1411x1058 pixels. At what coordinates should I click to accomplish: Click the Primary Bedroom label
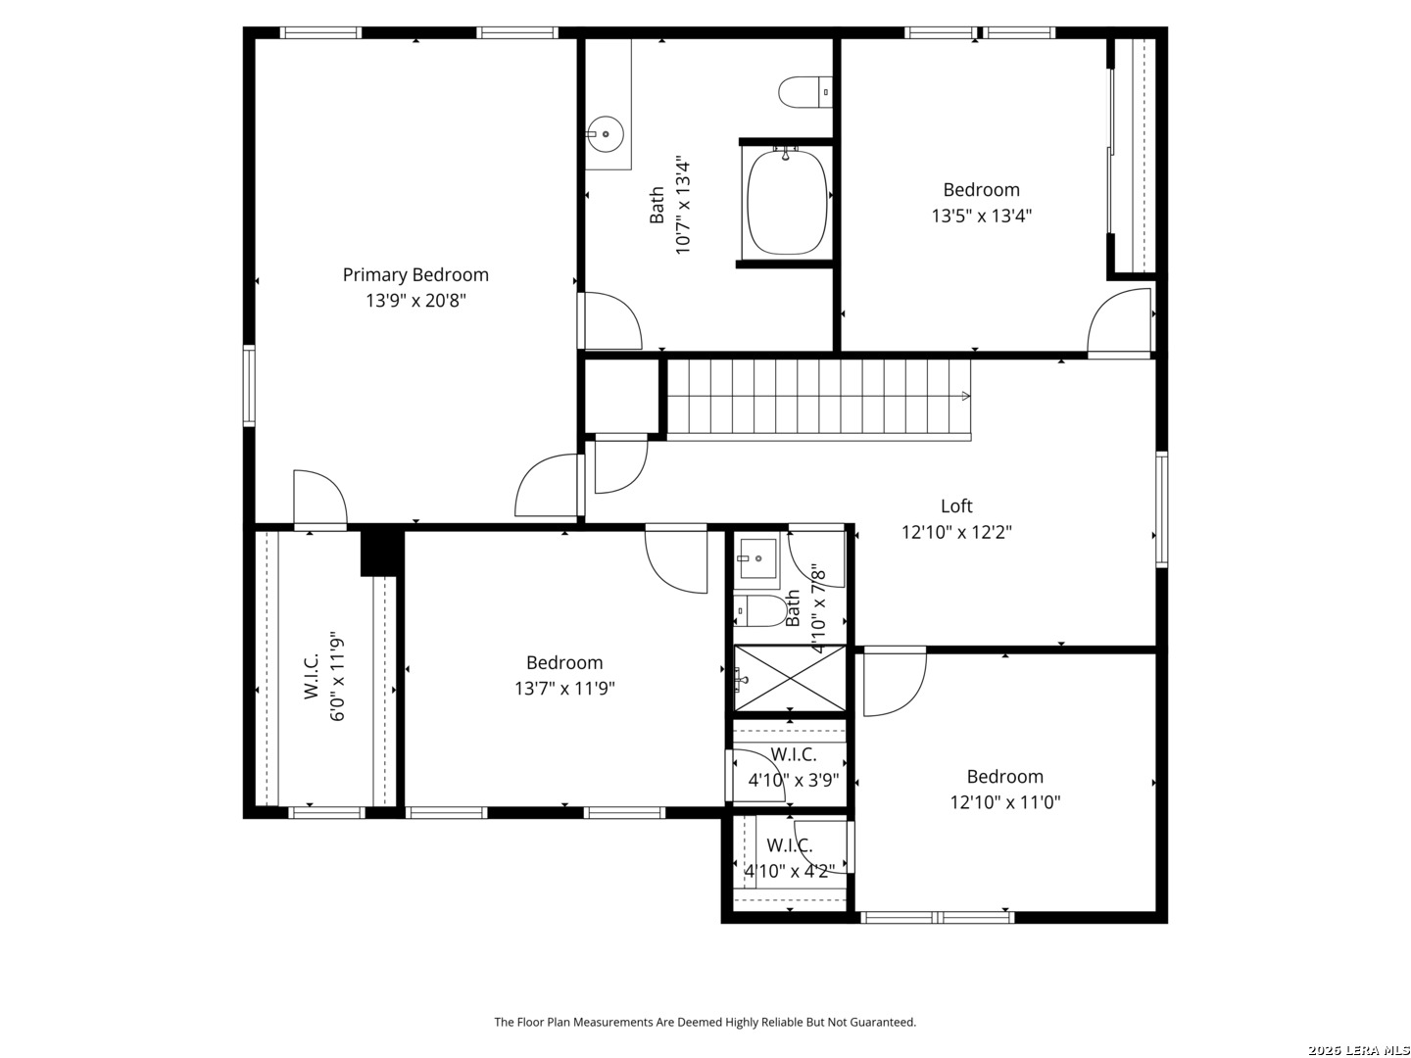(x=415, y=275)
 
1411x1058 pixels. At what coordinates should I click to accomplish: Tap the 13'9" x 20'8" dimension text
(x=415, y=300)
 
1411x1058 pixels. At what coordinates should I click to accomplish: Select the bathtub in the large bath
(x=788, y=202)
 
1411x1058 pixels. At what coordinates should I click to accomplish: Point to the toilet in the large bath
(x=804, y=92)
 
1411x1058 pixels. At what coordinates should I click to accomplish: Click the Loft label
(x=956, y=506)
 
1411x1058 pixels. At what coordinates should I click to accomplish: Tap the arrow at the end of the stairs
(x=965, y=397)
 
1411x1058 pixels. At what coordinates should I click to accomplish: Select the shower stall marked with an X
(x=790, y=678)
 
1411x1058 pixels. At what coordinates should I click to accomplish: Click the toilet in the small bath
(x=760, y=610)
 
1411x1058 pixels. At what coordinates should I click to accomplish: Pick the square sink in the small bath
(x=757, y=558)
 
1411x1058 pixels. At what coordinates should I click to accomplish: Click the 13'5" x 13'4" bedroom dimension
(x=981, y=216)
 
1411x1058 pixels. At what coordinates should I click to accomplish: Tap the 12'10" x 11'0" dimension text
(x=1004, y=801)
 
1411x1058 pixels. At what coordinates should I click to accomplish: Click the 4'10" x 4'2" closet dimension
(x=790, y=871)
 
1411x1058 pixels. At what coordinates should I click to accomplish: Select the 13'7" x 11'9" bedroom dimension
(x=563, y=688)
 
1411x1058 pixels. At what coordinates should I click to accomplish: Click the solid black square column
(x=382, y=553)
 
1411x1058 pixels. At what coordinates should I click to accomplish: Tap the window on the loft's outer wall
(x=1161, y=509)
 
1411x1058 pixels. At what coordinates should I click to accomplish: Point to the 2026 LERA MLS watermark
(x=1358, y=1050)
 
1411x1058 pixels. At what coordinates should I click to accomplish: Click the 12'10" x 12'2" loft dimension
(x=956, y=532)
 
